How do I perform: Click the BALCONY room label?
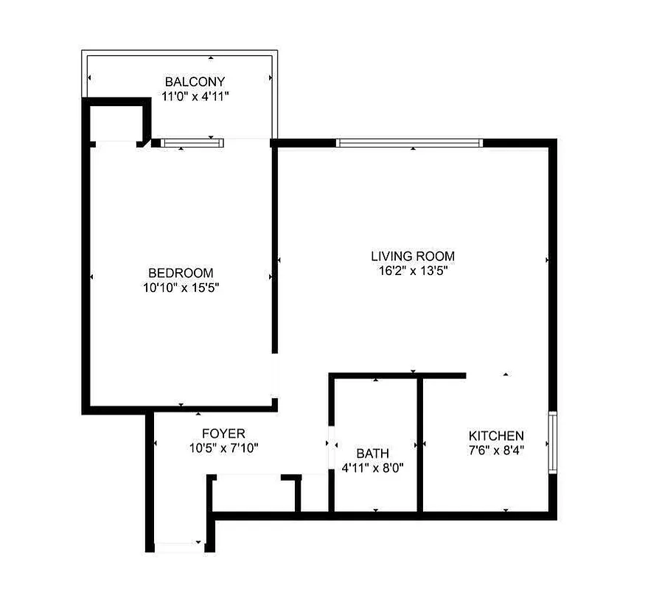click(195, 81)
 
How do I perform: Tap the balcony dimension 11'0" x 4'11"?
click(195, 95)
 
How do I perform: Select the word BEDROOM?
click(181, 272)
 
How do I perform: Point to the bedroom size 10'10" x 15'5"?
click(181, 287)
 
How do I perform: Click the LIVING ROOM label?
click(413, 256)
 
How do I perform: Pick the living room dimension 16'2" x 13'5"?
click(413, 271)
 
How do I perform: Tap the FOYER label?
click(223, 433)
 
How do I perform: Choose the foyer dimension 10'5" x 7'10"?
click(223, 448)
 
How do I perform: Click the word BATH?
click(372, 453)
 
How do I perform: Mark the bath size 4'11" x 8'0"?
click(372, 468)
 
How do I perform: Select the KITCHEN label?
click(497, 436)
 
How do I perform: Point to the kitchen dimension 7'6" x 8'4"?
click(497, 451)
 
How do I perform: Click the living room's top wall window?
click(410, 142)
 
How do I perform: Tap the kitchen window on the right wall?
click(551, 442)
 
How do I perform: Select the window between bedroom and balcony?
click(191, 143)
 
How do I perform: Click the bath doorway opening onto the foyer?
click(330, 446)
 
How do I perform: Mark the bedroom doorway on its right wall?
click(275, 376)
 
